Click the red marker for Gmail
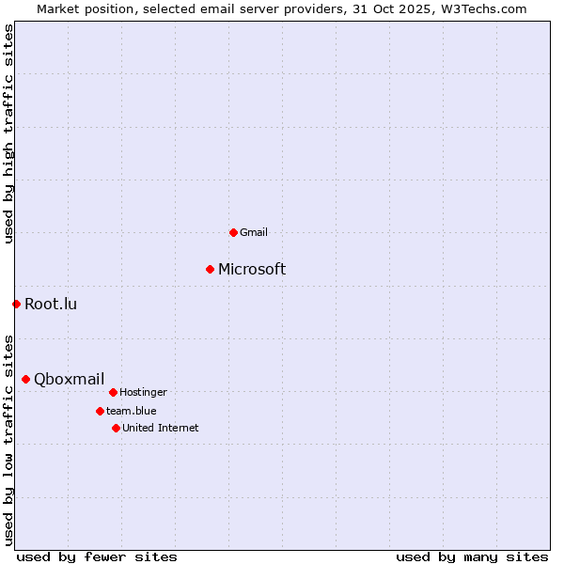pyautogui.click(x=233, y=232)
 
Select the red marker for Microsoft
pyautogui.click(x=210, y=270)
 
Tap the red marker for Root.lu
pyautogui.click(x=16, y=304)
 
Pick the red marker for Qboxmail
pyautogui.click(x=25, y=379)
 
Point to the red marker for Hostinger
pyautogui.click(x=113, y=392)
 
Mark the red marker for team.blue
pyautogui.click(x=100, y=411)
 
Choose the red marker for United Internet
pyautogui.click(x=116, y=428)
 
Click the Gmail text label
pyautogui.click(x=254, y=232)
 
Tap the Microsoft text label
pyautogui.click(x=252, y=270)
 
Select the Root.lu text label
pyautogui.click(x=51, y=304)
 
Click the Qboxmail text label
pyautogui.click(x=69, y=380)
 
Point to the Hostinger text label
pyautogui.click(x=143, y=392)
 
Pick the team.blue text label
pyautogui.click(x=131, y=411)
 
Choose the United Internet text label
pyautogui.click(x=160, y=428)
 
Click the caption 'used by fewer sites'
pyautogui.click(x=97, y=556)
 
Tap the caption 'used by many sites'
pyautogui.click(x=472, y=556)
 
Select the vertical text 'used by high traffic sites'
pyautogui.click(x=9, y=133)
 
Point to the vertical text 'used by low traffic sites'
pyautogui.click(x=9, y=439)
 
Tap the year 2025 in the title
pyautogui.click(x=408, y=8)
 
